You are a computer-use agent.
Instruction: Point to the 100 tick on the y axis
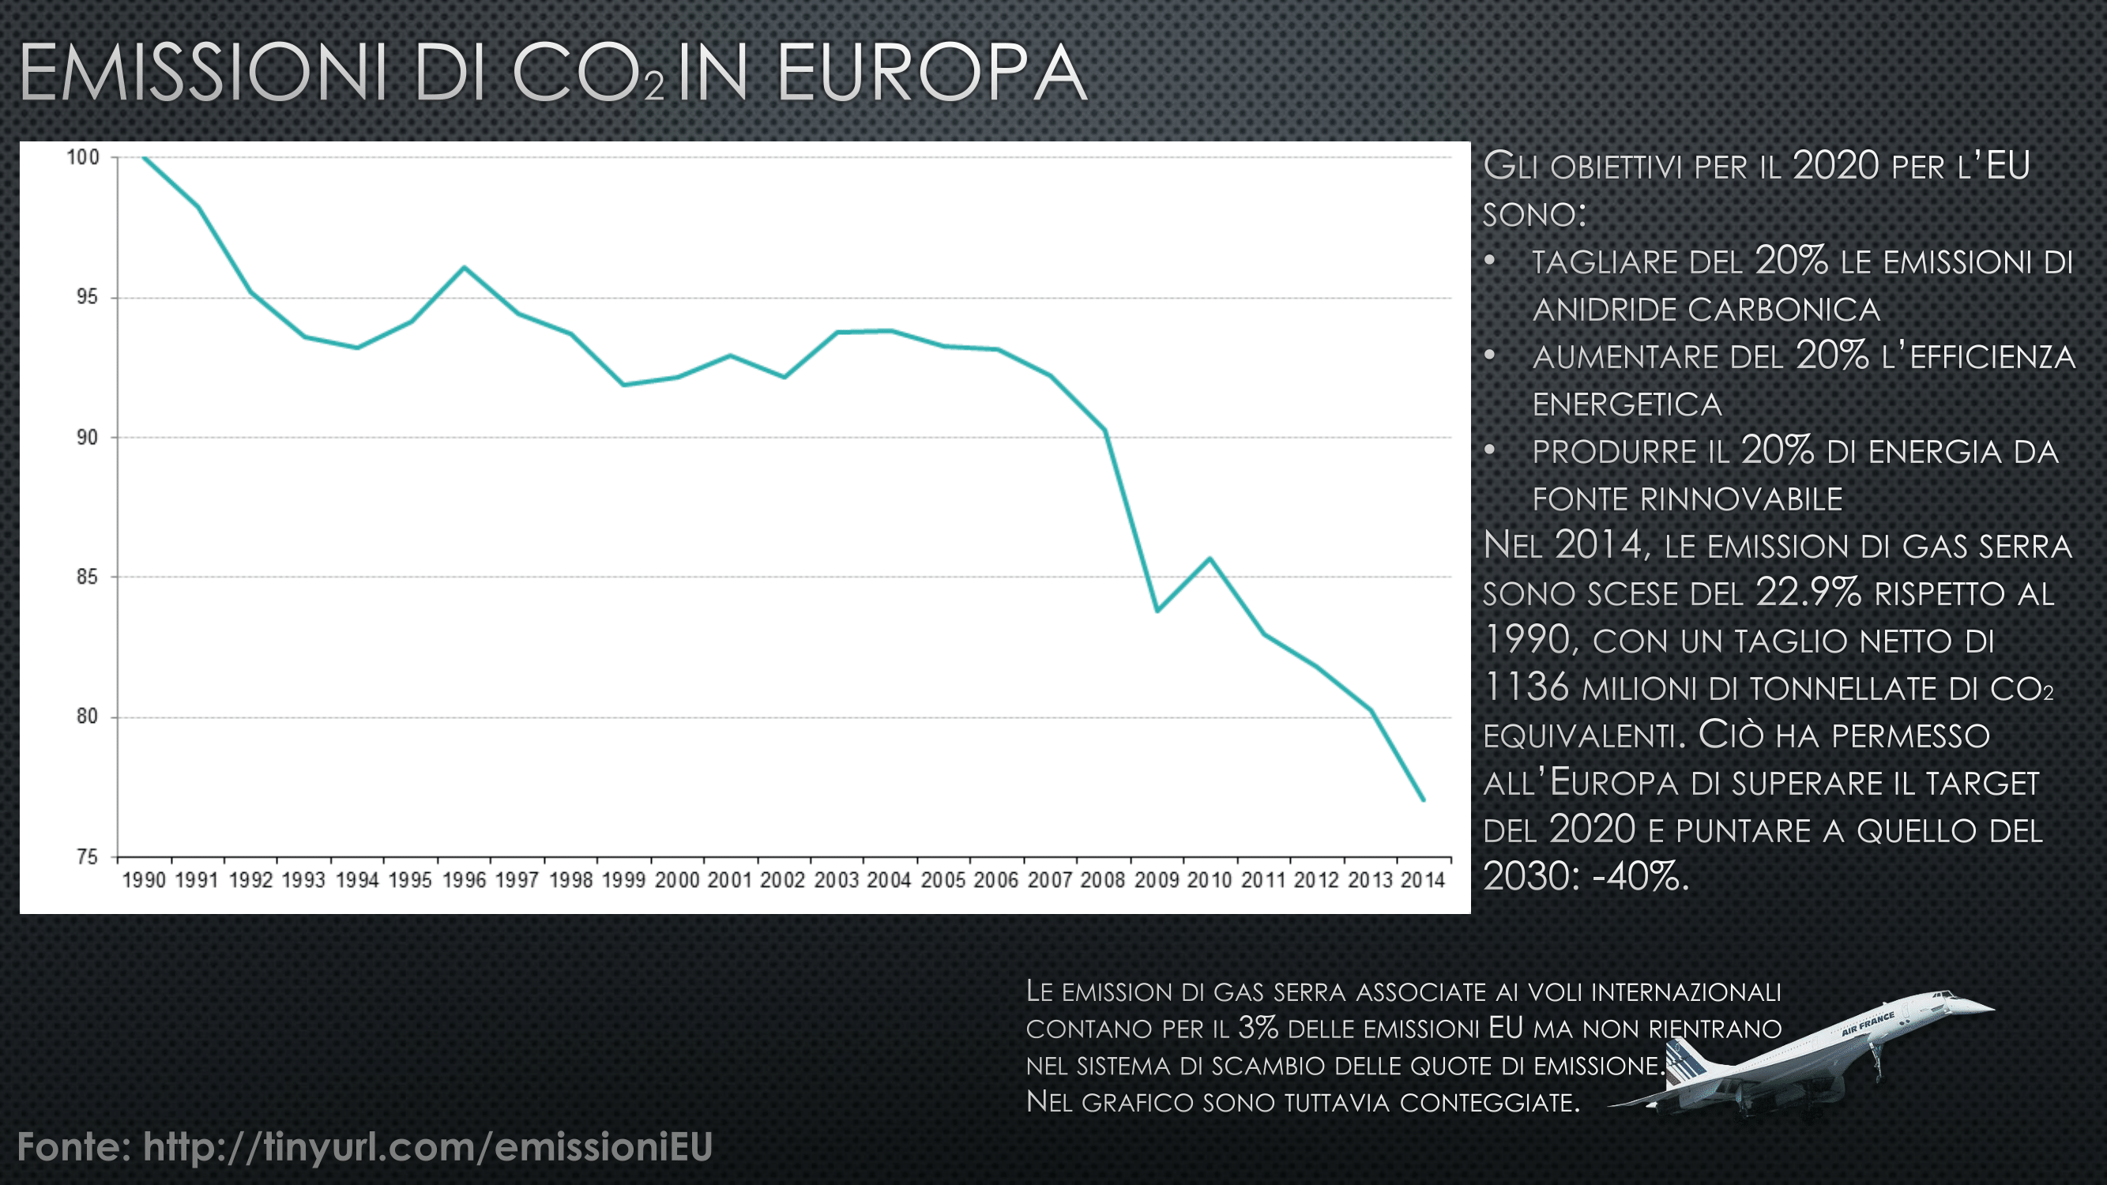83,157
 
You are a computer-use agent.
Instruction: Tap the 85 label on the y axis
86,577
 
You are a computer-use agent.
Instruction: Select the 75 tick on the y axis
86,857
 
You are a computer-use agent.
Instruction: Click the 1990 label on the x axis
144,880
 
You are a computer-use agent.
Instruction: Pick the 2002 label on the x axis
783,880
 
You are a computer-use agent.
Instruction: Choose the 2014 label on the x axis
1423,880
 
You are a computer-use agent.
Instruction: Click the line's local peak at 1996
464,268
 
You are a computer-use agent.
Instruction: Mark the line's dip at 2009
1157,610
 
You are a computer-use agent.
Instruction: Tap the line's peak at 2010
1210,559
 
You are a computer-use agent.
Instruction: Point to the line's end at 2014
1423,799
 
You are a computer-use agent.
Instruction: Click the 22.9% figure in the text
1808,592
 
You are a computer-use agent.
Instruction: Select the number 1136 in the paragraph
1526,687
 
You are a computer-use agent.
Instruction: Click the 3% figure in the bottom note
1258,1028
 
